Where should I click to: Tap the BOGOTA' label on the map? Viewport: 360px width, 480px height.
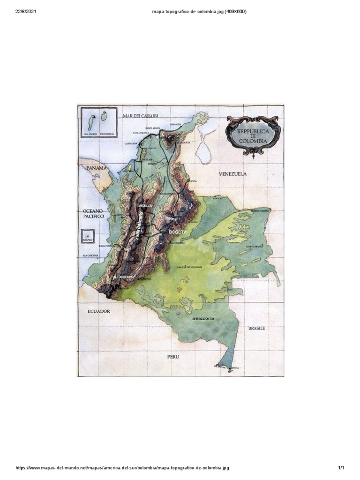[178, 232]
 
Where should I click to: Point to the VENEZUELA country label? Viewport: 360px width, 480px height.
[232, 173]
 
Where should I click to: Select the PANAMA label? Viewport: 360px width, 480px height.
[97, 167]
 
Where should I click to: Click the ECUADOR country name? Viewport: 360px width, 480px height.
[98, 311]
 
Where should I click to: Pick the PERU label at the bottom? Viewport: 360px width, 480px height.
[173, 356]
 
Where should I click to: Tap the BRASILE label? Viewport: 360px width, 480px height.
[256, 328]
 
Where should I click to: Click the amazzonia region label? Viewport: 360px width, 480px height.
[202, 318]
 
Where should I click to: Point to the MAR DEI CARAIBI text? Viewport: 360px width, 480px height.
[140, 115]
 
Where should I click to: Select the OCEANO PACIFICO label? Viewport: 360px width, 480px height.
[93, 214]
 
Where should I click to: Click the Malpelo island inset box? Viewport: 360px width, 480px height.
[87, 236]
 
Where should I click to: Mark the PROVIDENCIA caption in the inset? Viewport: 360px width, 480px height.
[107, 134]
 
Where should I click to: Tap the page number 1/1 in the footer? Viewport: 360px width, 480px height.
[341, 468]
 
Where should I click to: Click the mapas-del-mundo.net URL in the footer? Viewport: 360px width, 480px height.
[122, 468]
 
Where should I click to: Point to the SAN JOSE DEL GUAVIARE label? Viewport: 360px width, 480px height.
[189, 267]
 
